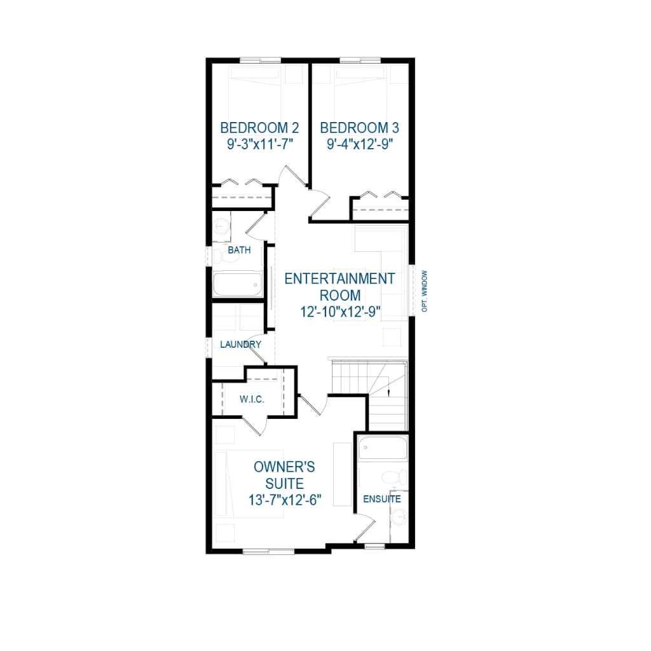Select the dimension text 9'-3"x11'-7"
(259, 144)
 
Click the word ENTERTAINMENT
(339, 278)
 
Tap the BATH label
(239, 250)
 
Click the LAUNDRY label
(240, 345)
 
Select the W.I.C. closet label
(252, 400)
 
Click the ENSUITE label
(381, 499)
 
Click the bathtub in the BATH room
(236, 284)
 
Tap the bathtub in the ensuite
(382, 448)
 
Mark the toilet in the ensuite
(392, 477)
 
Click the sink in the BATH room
(221, 227)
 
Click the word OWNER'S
(284, 467)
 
